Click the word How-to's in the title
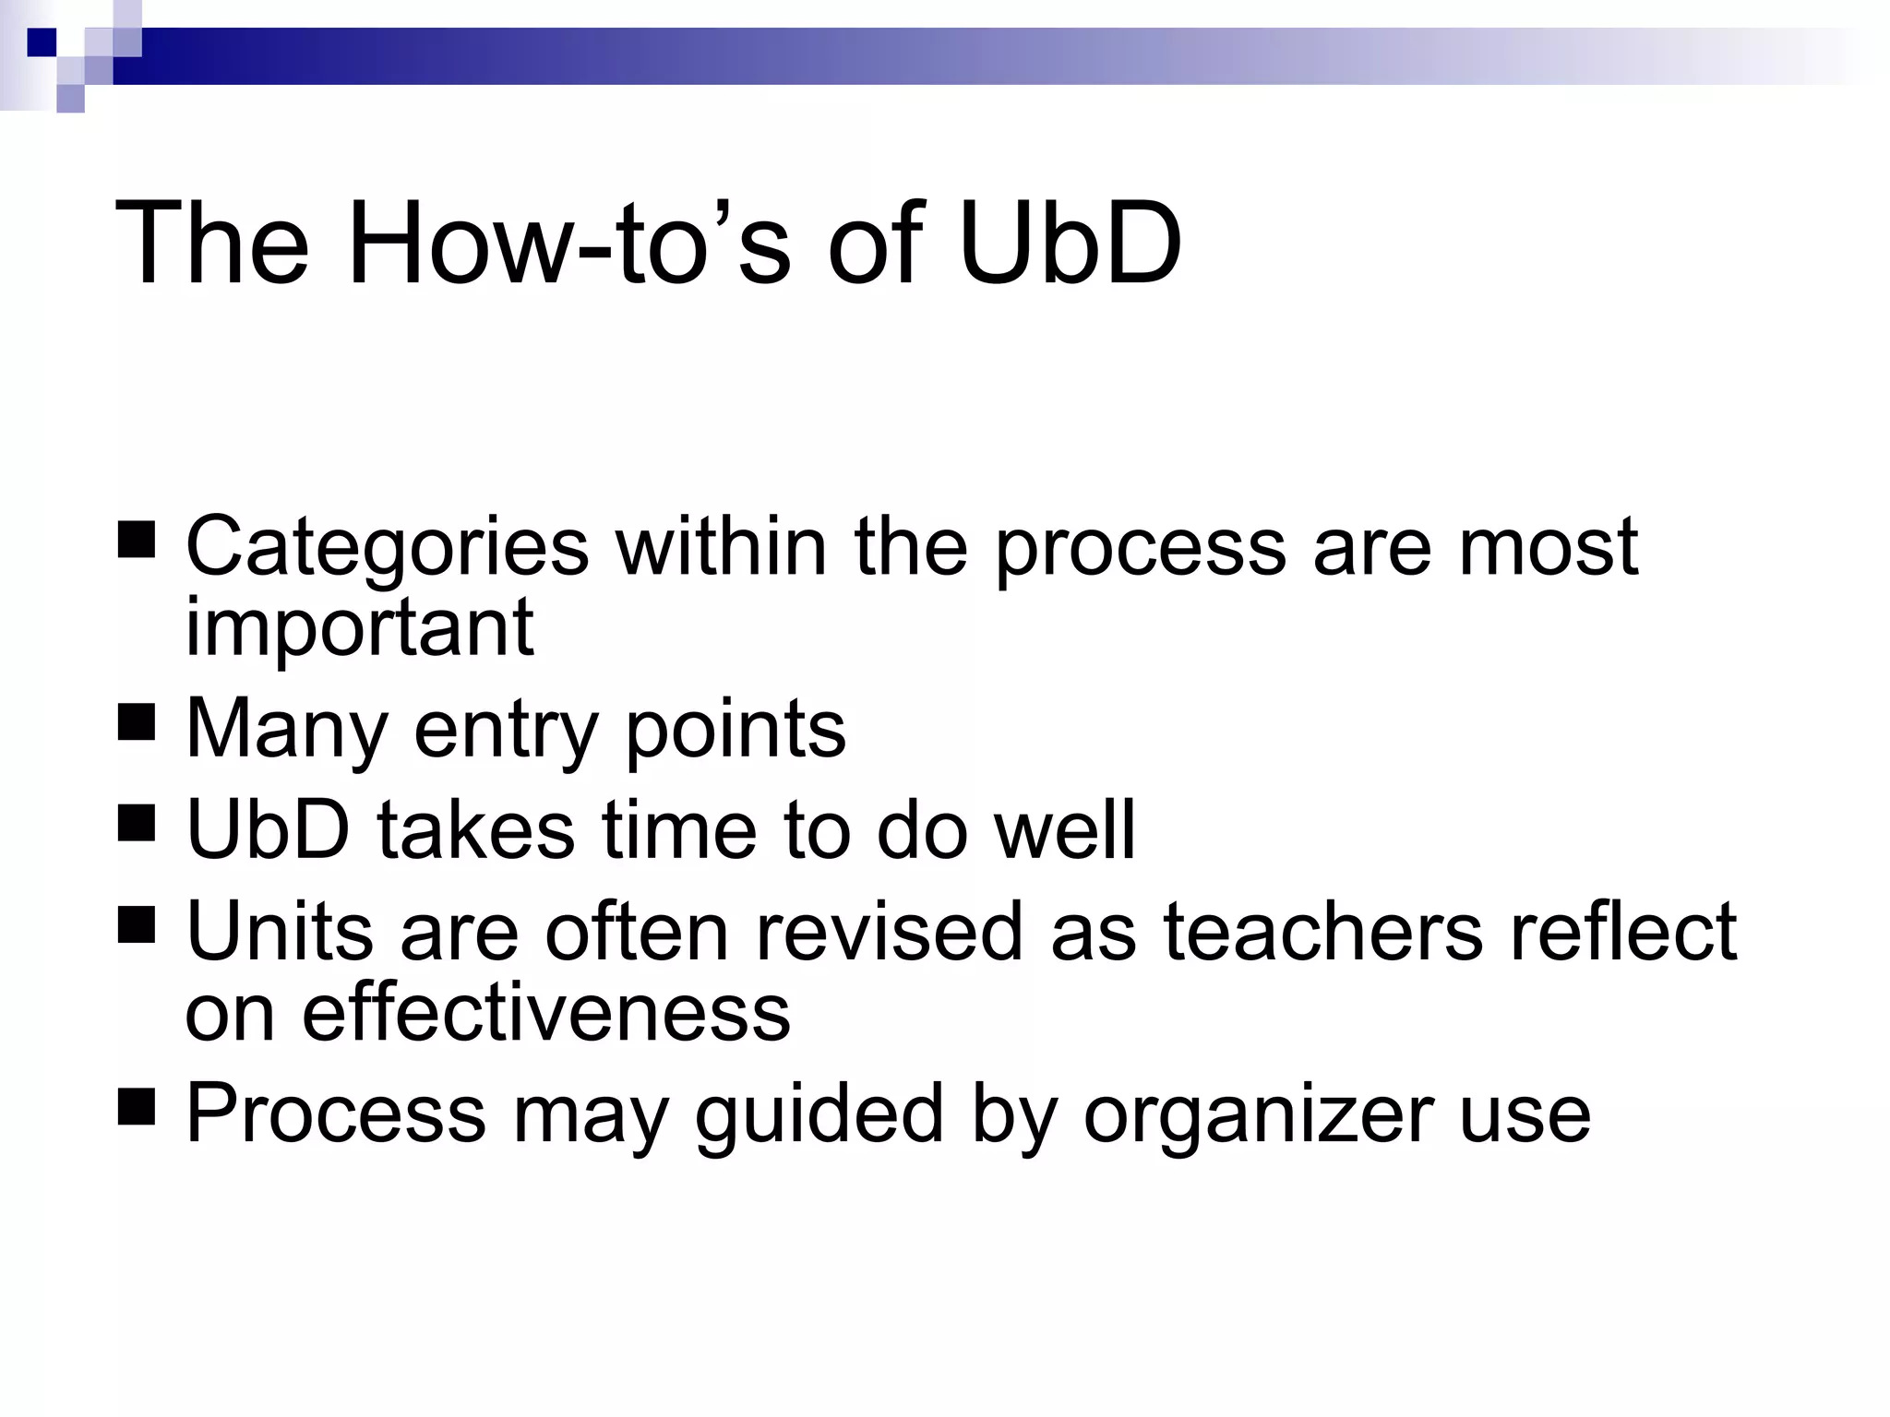568,244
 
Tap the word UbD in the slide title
1071,244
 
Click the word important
359,628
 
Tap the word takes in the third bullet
476,830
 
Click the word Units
280,932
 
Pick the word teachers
1322,932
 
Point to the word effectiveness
546,1013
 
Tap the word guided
819,1116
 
